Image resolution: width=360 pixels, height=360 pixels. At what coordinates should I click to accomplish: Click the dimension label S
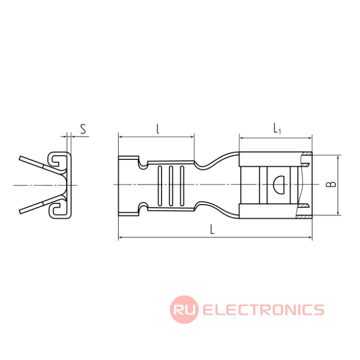click(83, 129)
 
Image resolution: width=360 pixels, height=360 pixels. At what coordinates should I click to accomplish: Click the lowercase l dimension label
click(157, 129)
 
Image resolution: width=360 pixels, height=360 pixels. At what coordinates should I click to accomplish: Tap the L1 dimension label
click(277, 129)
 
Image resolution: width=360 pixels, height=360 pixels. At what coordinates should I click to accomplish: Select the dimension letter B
click(331, 184)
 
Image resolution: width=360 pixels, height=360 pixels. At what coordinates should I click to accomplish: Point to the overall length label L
click(212, 229)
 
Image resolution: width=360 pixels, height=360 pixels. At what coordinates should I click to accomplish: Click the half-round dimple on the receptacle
click(279, 184)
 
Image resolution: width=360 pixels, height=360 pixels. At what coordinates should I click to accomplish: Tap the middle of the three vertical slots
click(171, 186)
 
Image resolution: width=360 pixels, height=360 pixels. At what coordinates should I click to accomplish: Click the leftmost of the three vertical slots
click(159, 186)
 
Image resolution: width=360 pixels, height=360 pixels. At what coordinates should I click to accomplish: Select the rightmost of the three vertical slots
click(182, 186)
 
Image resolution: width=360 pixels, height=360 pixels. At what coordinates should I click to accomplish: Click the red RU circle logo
click(184, 309)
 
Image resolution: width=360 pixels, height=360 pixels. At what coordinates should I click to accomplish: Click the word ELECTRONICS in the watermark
click(263, 310)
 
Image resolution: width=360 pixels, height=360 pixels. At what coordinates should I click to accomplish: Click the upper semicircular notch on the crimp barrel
click(143, 164)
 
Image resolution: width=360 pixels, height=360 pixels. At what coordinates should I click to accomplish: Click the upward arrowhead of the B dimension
click(338, 157)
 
